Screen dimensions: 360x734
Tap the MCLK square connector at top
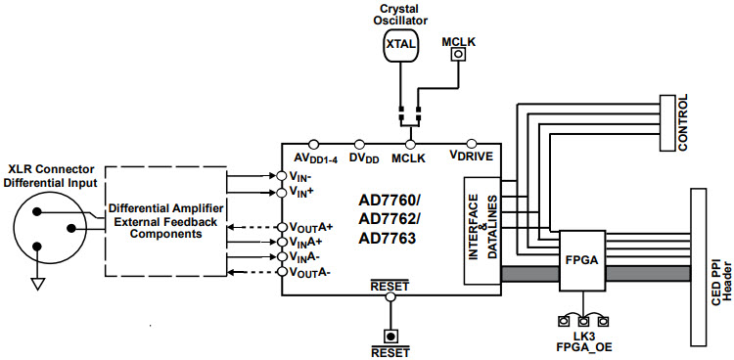click(456, 57)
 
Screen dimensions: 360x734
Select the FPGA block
click(581, 262)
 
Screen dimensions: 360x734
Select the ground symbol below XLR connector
click(37, 284)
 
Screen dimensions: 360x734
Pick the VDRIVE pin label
click(471, 157)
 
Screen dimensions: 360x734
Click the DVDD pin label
click(364, 157)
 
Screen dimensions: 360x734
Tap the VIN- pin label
click(302, 176)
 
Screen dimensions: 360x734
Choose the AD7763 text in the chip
click(390, 238)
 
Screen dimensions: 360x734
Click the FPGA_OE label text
click(583, 346)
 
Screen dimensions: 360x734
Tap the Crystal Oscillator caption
click(400, 13)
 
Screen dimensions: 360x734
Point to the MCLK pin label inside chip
click(408, 157)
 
